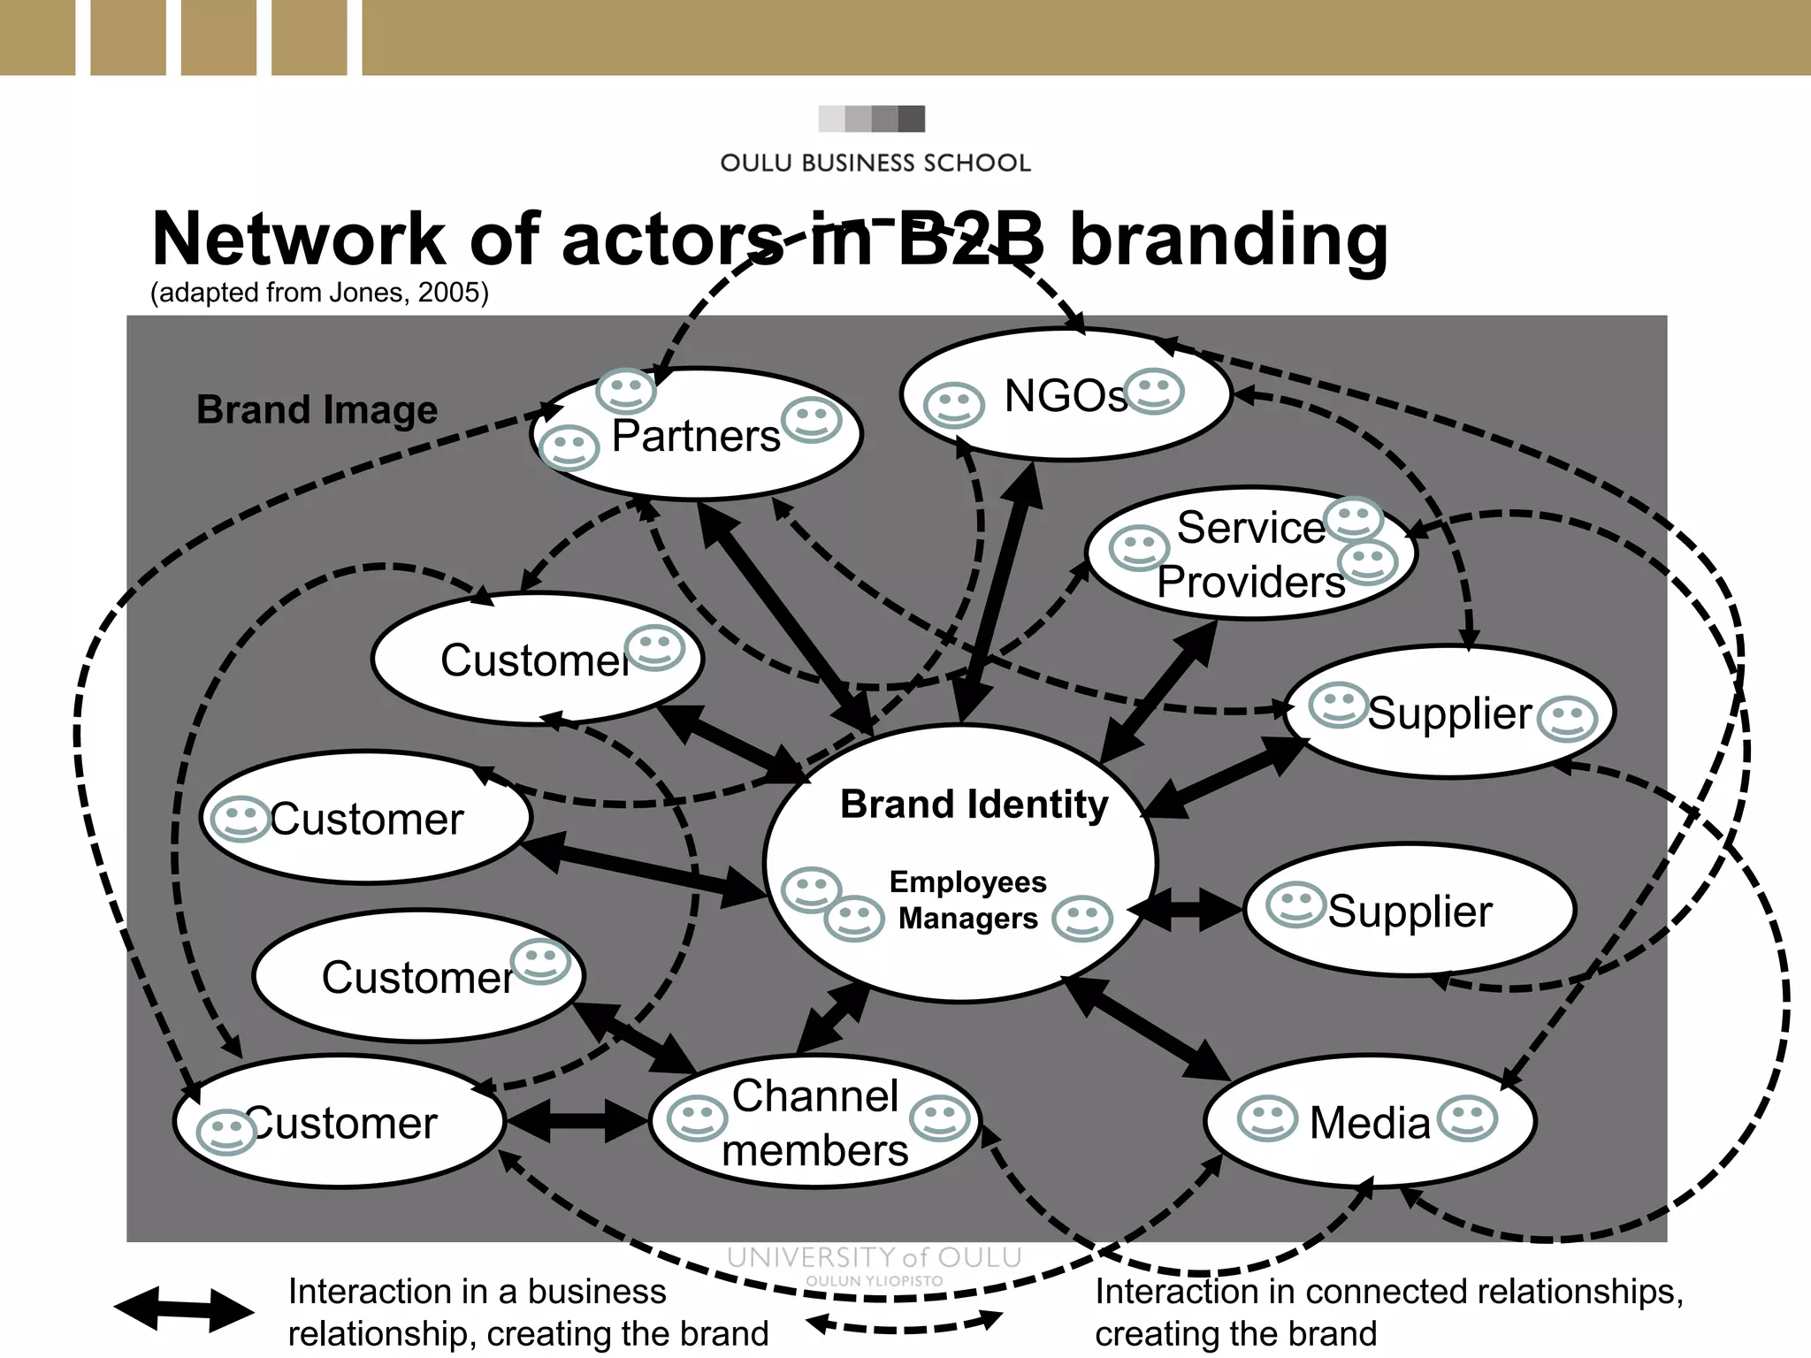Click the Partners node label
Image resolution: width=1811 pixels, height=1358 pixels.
(x=696, y=436)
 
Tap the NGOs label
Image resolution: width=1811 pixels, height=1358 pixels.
(x=1066, y=395)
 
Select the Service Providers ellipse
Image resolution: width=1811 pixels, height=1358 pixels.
(x=1250, y=554)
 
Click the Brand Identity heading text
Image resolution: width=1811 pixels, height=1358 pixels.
(x=974, y=805)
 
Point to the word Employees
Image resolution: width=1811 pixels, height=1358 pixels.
(x=967, y=881)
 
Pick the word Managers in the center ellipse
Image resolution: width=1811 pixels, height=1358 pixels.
(x=967, y=919)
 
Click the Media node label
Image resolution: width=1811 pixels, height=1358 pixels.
(x=1369, y=1123)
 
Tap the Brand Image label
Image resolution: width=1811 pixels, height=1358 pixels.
(x=317, y=410)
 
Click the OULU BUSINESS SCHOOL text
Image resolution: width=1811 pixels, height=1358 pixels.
(x=875, y=163)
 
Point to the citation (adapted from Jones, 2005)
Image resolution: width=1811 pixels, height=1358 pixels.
(x=319, y=293)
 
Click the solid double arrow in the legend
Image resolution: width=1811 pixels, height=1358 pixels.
(x=183, y=1310)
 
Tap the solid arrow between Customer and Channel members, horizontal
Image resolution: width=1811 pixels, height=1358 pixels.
(x=577, y=1121)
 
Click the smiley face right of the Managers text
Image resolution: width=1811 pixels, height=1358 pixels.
(x=1081, y=919)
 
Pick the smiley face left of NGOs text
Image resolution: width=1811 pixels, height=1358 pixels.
(x=953, y=405)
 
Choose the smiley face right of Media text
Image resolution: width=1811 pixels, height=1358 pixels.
(x=1467, y=1118)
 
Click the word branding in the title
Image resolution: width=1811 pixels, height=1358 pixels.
(x=1229, y=240)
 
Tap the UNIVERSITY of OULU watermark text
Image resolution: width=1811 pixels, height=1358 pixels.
(x=874, y=1257)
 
